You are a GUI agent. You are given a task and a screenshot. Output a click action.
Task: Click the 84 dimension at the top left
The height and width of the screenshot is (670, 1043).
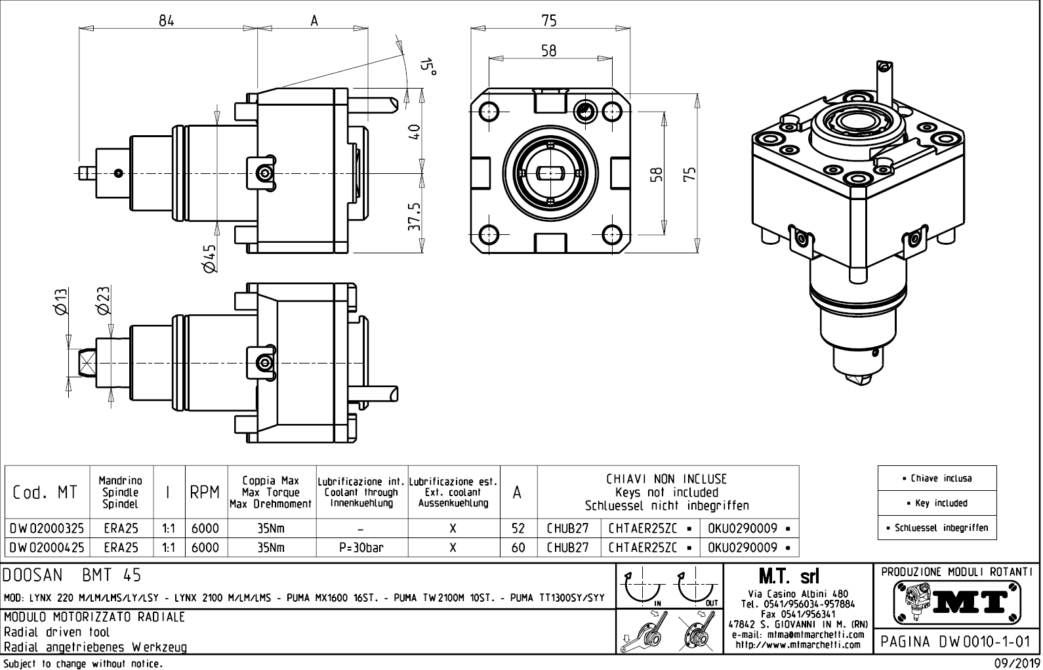pos(167,20)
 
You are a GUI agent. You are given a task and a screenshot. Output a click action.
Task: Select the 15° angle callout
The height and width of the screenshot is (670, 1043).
pos(428,66)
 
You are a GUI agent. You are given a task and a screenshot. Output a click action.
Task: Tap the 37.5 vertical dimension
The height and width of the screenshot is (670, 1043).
pos(414,217)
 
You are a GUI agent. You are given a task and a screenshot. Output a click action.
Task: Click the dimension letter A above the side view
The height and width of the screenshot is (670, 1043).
pos(314,20)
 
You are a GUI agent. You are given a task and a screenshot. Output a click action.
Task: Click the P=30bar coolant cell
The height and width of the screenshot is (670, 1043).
pos(361,547)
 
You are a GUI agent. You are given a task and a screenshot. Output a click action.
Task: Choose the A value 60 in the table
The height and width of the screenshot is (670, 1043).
pos(518,547)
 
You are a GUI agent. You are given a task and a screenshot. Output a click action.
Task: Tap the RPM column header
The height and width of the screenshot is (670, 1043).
pos(205,493)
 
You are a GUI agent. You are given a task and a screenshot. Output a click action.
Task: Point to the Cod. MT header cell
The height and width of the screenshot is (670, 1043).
pos(45,492)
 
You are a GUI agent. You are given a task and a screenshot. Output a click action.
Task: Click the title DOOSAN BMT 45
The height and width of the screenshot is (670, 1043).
pos(72,576)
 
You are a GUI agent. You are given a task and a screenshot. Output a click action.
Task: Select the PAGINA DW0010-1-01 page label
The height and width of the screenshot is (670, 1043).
pos(956,641)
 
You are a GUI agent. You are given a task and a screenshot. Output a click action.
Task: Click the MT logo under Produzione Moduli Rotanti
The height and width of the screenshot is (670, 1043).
pos(956,602)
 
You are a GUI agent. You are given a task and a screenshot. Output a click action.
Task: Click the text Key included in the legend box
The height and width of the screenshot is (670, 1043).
pos(937,503)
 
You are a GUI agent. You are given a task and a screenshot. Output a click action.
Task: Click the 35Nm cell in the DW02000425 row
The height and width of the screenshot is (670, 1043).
pos(272,547)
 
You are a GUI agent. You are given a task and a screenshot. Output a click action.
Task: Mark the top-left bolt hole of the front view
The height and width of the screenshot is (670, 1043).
pos(489,110)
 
